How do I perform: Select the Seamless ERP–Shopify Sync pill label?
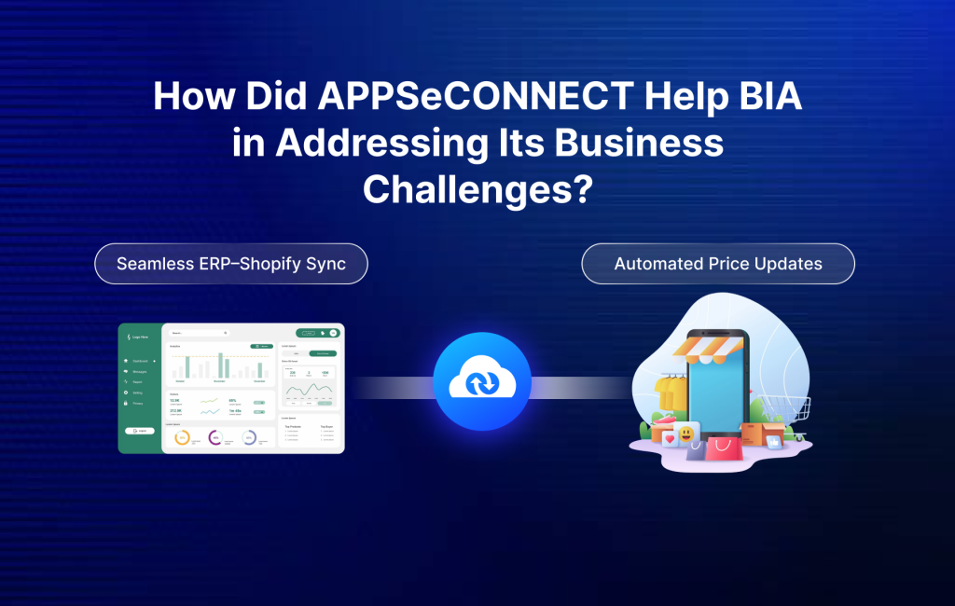[231, 264]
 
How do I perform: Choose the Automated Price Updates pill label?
[718, 264]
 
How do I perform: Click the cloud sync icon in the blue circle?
[481, 381]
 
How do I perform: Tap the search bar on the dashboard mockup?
[199, 332]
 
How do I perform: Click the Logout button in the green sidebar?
[139, 430]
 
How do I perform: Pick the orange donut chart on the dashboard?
[182, 437]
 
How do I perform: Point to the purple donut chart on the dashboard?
[215, 437]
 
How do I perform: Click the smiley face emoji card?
[686, 434]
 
